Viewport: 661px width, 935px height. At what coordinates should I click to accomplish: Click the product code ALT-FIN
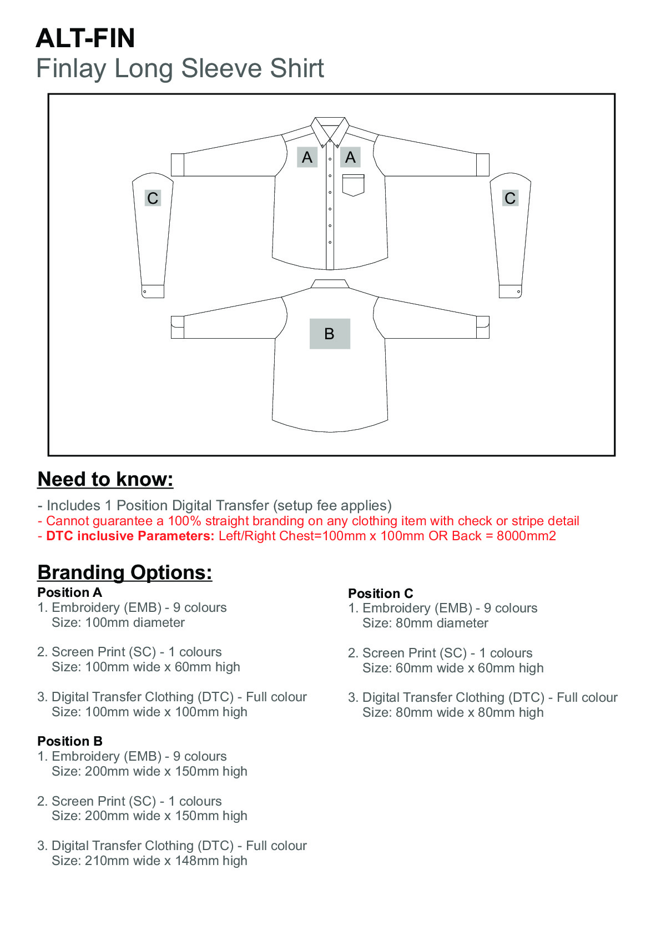[85, 38]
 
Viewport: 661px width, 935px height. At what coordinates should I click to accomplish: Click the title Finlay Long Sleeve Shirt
[180, 68]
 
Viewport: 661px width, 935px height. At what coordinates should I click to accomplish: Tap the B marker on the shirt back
[330, 334]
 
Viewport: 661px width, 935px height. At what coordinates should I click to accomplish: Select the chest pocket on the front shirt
[353, 185]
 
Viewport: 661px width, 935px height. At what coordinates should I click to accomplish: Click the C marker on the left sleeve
[153, 198]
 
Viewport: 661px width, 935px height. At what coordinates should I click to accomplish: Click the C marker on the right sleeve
[510, 198]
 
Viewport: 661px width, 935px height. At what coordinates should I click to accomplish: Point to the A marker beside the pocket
[350, 158]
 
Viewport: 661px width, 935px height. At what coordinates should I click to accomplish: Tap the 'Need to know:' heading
[105, 479]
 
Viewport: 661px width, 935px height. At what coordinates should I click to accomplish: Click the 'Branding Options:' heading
[125, 572]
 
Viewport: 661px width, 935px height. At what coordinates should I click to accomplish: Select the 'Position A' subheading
[70, 592]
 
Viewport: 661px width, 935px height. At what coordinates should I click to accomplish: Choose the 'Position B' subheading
[70, 741]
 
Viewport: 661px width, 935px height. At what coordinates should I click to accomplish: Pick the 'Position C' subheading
[381, 594]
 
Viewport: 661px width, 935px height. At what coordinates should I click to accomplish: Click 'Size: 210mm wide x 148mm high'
[149, 861]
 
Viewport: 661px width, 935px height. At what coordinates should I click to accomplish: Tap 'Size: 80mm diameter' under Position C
[425, 623]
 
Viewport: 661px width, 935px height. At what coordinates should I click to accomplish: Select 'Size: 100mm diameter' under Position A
[118, 622]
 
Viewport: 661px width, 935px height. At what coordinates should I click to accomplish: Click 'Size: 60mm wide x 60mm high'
[453, 668]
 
